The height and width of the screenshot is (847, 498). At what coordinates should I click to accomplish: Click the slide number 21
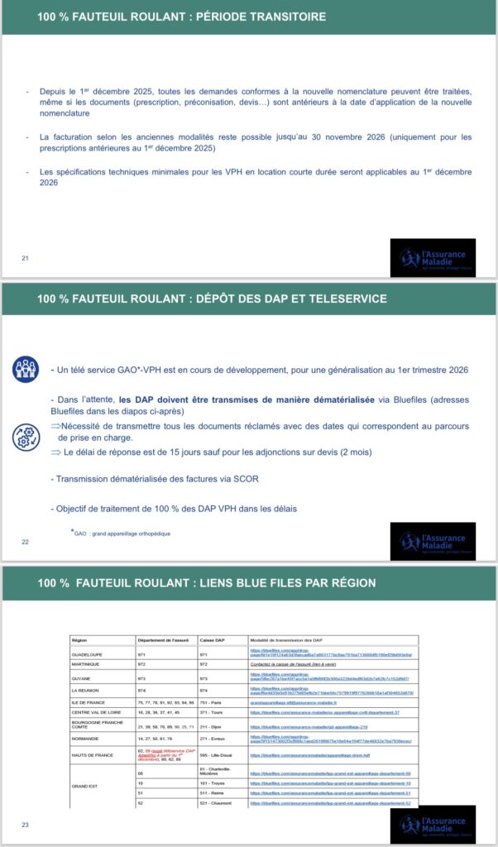point(25,258)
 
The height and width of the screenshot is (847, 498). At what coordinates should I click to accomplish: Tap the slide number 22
point(25,542)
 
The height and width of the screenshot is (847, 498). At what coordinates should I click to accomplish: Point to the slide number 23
point(25,825)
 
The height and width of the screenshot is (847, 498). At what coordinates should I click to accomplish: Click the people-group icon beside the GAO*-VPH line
point(25,369)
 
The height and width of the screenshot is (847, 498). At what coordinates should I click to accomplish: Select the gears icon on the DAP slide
point(25,437)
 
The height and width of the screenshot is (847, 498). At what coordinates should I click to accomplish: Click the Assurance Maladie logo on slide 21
point(433,257)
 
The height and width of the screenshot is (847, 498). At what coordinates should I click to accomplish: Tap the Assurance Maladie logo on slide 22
point(433,541)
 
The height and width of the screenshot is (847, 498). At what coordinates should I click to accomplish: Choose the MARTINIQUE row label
point(87,663)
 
